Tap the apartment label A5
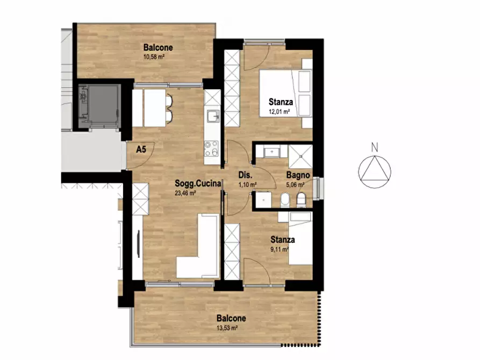[x=141, y=149]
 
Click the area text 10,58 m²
[x=154, y=56]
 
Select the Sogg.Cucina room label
[x=198, y=183]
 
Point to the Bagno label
[x=298, y=175]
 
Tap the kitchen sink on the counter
[x=213, y=116]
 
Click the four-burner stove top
[x=212, y=148]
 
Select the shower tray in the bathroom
[x=300, y=156]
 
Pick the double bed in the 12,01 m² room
[x=285, y=93]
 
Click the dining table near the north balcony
[x=155, y=108]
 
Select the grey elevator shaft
[x=100, y=106]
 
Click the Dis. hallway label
[x=245, y=175]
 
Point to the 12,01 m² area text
[x=279, y=112]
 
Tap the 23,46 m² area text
[x=185, y=193]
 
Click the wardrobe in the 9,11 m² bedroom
[x=232, y=251]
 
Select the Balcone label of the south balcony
[x=231, y=319]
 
